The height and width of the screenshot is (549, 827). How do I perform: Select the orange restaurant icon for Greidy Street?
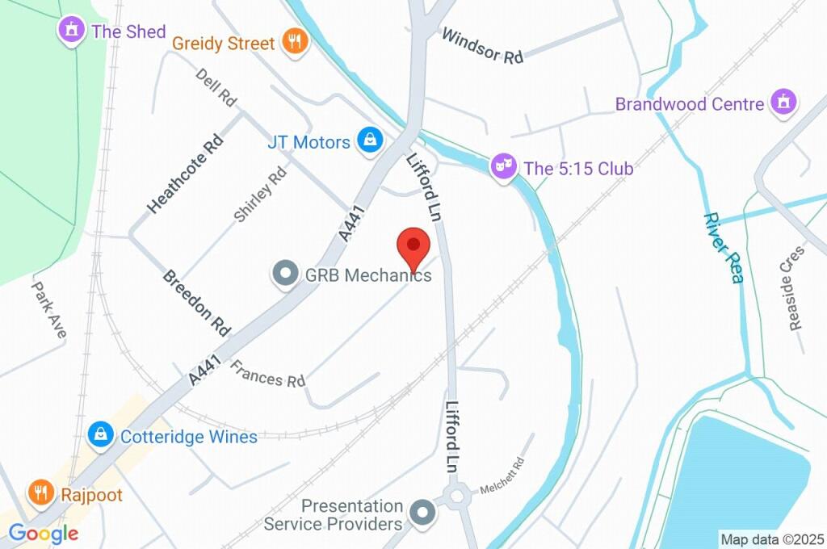pos(294,43)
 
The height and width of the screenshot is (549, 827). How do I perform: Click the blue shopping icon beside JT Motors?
pos(370,140)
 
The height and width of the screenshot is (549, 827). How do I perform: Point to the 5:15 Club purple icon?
pos(504,168)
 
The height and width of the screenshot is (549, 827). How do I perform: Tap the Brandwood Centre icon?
pos(783,103)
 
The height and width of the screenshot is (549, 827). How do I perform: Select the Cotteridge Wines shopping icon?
pos(100,436)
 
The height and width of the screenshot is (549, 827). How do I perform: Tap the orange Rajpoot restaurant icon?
pos(39,492)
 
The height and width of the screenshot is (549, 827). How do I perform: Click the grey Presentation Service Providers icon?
pos(421,513)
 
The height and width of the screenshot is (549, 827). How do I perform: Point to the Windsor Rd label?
pos(483,45)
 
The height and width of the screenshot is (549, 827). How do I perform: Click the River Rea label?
pos(724,248)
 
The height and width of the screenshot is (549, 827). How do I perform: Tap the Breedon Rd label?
pos(197,303)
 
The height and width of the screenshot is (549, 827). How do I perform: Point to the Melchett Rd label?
pos(502,476)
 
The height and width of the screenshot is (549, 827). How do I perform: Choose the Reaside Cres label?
pos(795,287)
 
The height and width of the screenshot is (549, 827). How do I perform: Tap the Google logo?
pos(44,533)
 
